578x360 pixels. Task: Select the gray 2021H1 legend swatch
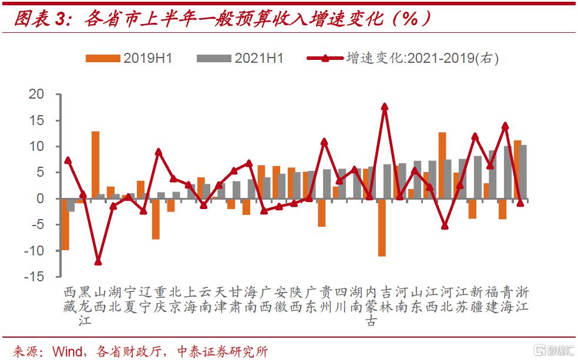[x=214, y=58]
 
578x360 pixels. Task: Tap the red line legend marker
[x=324, y=58]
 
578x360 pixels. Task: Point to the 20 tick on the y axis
[x=36, y=95]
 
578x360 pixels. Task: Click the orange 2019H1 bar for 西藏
[x=65, y=224]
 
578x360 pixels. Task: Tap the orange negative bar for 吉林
[x=381, y=227]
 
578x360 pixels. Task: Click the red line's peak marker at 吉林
[x=385, y=107]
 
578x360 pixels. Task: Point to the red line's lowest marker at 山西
[x=98, y=262]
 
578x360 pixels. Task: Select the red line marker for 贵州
[x=324, y=142]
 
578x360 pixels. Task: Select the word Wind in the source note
[x=68, y=351]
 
